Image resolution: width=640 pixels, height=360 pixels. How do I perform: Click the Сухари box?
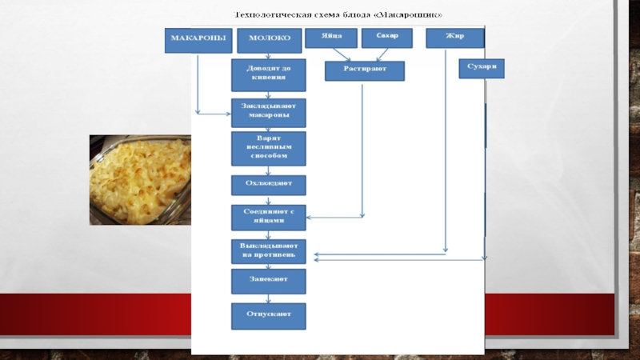(x=482, y=69)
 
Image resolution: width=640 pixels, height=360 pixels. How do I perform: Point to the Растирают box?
(x=365, y=71)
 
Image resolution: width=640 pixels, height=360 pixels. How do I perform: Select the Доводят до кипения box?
(x=268, y=74)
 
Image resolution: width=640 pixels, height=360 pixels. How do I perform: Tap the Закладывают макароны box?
(x=268, y=113)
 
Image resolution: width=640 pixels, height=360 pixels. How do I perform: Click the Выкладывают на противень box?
(x=268, y=250)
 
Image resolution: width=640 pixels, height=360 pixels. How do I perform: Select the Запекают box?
(x=268, y=281)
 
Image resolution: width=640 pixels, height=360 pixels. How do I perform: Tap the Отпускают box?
(x=268, y=315)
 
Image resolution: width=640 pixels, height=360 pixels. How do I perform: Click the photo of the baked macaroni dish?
(x=139, y=180)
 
